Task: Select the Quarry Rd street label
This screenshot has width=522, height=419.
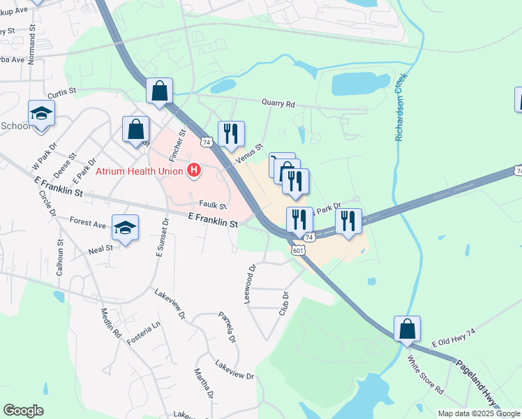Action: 278,103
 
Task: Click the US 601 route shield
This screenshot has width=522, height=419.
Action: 299,250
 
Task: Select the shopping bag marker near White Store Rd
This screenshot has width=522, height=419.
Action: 407,328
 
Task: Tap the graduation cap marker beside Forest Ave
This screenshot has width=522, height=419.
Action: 126,227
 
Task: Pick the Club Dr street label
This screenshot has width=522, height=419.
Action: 284,303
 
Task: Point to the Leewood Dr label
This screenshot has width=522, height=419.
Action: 250,283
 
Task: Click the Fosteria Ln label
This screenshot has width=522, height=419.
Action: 143,331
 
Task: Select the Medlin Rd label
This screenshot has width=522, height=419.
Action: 111,323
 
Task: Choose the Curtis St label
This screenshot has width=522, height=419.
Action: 61,94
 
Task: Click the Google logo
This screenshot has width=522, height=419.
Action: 23,411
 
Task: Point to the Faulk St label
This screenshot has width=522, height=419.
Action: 213,206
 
